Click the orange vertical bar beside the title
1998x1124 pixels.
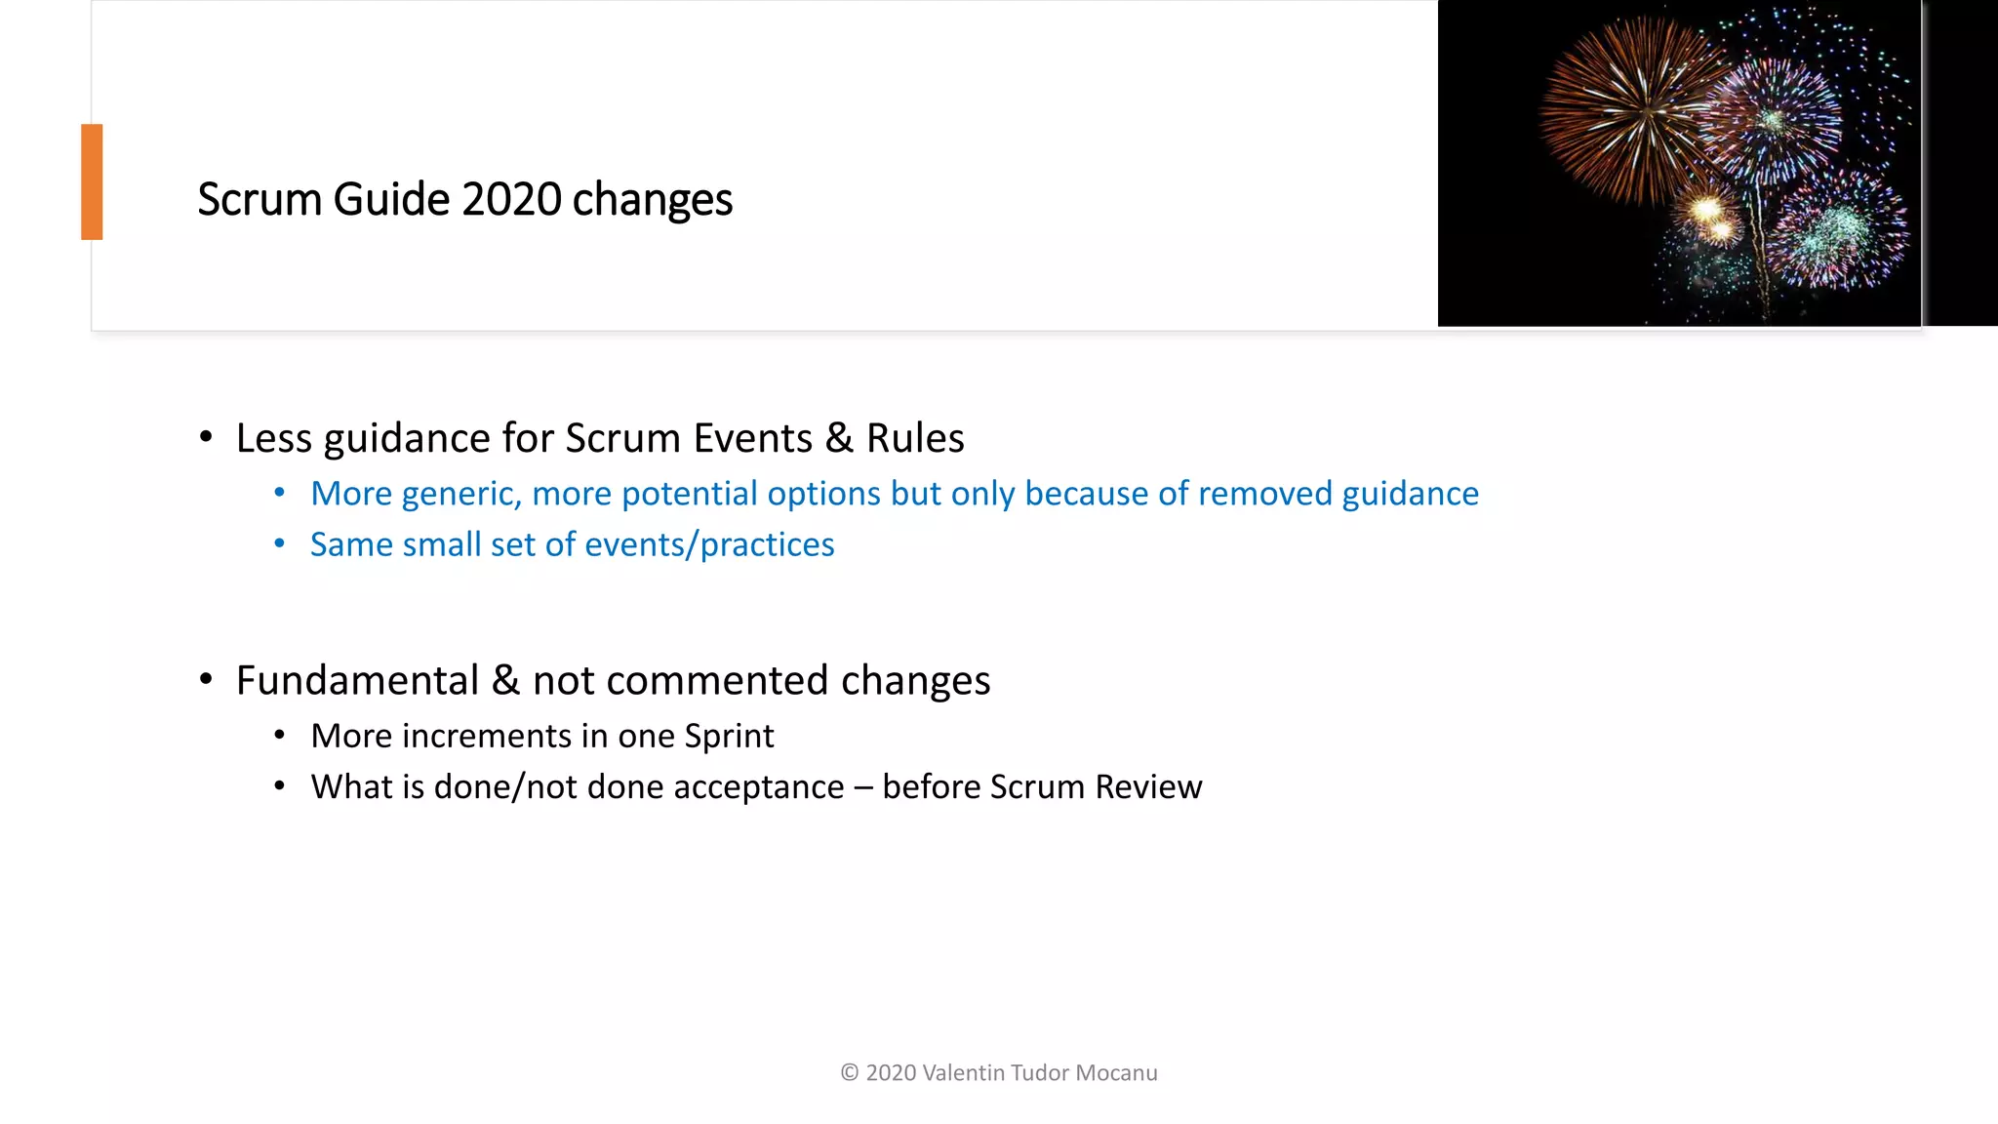92,181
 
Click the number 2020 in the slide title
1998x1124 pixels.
511,199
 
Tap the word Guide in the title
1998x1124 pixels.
391,199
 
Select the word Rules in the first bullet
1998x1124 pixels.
914,438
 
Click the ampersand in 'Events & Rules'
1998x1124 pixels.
839,438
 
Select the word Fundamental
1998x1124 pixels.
357,680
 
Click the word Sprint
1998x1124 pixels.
729,736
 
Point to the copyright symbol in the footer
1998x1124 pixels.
849,1073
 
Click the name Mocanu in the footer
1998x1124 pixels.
1116,1073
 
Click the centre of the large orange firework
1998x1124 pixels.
1647,111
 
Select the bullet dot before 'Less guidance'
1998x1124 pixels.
206,437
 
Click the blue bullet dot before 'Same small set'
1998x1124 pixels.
280,543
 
